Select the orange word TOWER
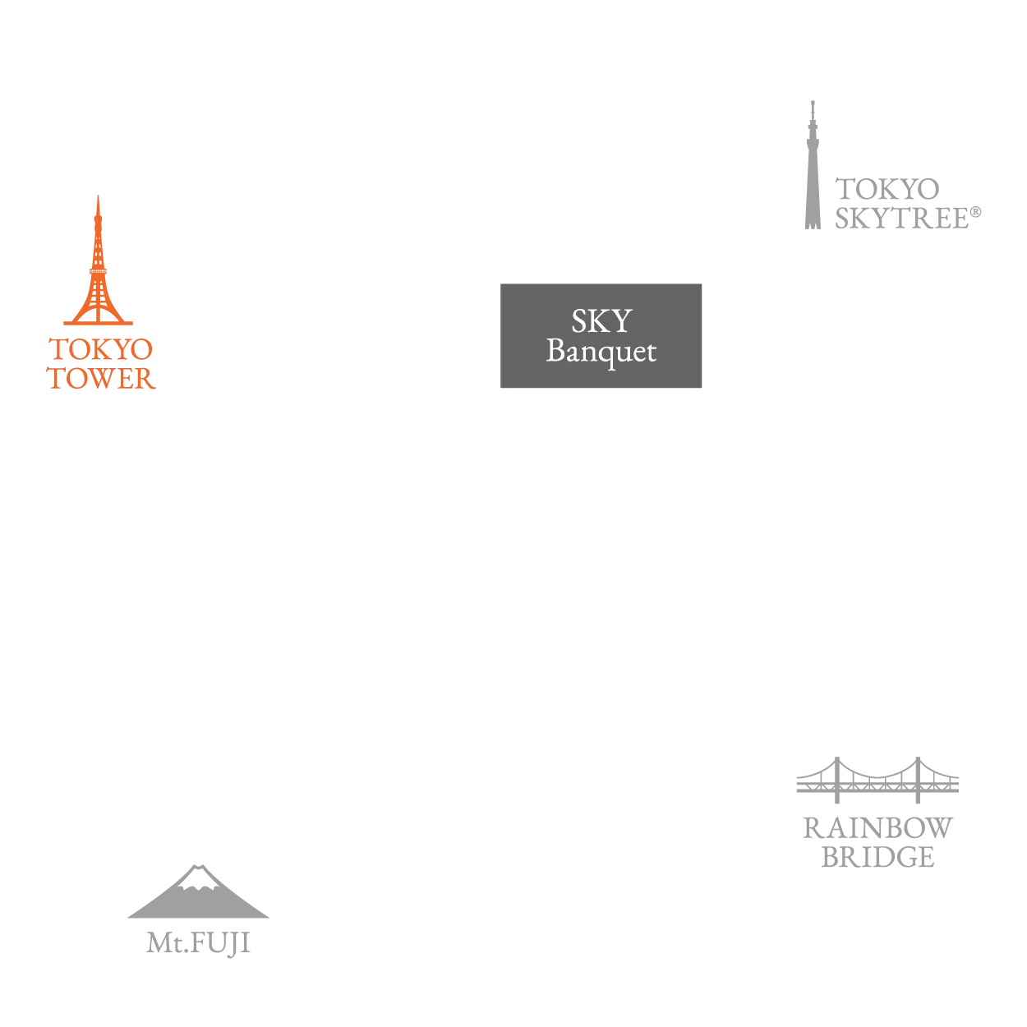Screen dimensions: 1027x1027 (102, 380)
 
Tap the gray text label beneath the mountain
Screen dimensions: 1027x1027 (200, 939)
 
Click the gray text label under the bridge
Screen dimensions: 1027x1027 (877, 840)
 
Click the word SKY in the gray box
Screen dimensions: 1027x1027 (601, 321)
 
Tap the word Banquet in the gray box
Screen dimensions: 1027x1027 (601, 352)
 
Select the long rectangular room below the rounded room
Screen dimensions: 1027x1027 (296, 665)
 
